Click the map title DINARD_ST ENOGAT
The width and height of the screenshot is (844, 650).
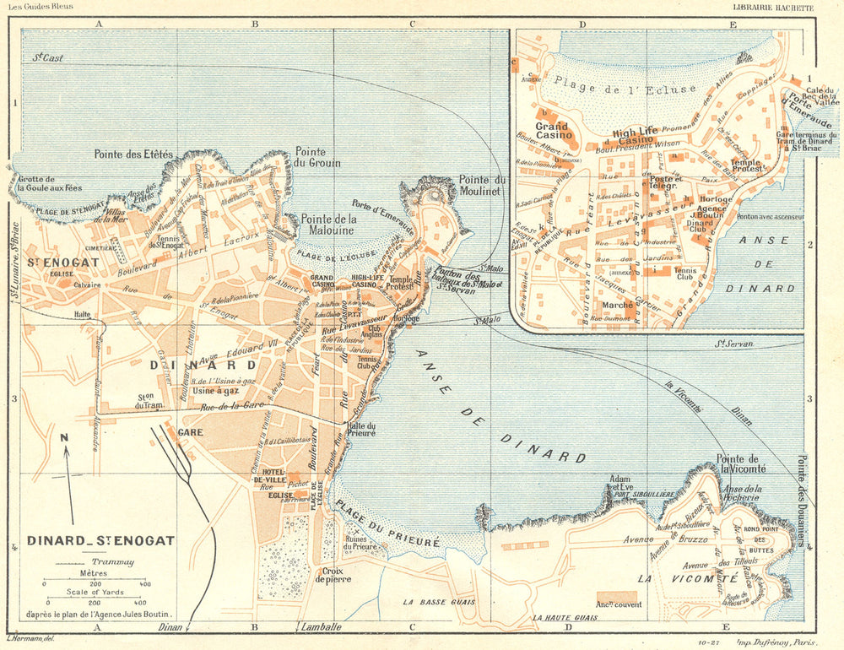pos(100,540)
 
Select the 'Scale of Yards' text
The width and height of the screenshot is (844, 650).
pos(95,592)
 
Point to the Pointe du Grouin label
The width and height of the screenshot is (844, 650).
pos(316,156)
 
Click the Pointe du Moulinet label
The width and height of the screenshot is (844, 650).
pos(481,185)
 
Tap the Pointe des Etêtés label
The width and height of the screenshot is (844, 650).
pos(133,154)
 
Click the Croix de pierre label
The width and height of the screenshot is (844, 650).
pos(333,574)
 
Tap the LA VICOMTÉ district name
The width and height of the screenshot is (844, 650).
pos(687,579)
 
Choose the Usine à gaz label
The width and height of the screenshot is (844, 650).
pos(214,390)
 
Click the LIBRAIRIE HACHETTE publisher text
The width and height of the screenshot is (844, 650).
pos(773,8)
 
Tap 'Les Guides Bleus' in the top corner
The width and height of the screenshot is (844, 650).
pos(41,7)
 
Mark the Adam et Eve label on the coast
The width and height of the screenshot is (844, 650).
pos(619,484)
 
